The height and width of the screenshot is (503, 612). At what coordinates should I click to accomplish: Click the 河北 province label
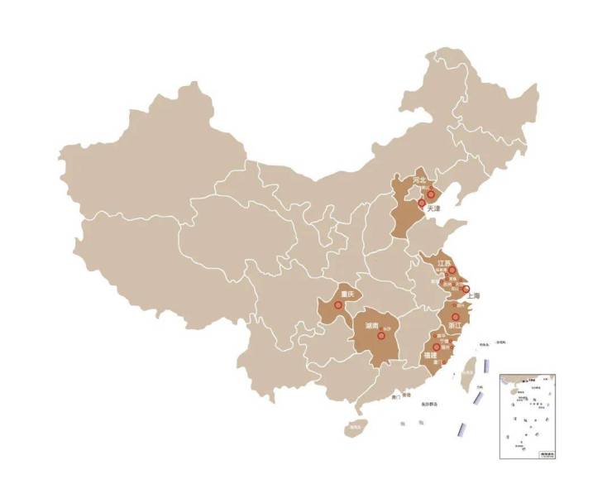click(x=419, y=180)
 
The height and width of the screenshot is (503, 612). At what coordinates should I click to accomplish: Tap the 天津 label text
click(x=433, y=210)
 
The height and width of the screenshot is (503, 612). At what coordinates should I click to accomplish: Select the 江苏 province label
click(x=444, y=263)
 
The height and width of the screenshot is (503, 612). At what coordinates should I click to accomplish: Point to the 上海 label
click(x=474, y=295)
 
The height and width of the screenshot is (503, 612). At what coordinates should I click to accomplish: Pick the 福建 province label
click(x=430, y=355)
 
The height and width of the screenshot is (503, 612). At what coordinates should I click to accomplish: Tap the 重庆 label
click(x=347, y=295)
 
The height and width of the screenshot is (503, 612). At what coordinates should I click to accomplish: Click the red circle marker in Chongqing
click(x=338, y=305)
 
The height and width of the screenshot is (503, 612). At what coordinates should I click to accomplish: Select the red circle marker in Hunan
click(x=380, y=336)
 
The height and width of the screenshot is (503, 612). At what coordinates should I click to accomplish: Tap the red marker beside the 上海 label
click(x=466, y=289)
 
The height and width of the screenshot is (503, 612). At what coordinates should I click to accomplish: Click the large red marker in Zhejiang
click(x=455, y=317)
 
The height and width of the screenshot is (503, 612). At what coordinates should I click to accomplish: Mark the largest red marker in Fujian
click(x=435, y=347)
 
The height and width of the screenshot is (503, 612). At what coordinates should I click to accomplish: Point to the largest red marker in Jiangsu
click(x=452, y=271)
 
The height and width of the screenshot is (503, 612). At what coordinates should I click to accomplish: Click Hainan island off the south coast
click(x=356, y=429)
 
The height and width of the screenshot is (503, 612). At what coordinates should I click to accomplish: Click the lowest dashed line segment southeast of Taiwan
click(x=461, y=429)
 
